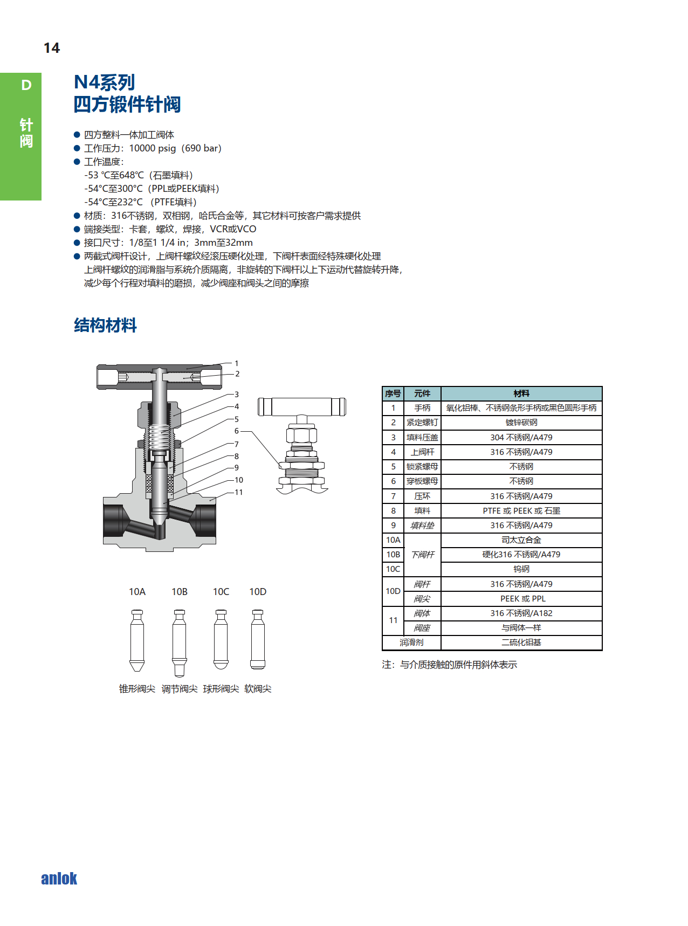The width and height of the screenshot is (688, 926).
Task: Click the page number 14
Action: (52, 48)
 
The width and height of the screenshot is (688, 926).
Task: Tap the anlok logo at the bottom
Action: (59, 879)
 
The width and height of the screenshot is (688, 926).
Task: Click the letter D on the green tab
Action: (26, 85)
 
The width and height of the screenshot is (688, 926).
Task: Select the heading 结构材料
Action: (105, 325)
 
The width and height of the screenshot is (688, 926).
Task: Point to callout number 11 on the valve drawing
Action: (238, 492)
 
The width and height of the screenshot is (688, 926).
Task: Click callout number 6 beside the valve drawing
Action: (236, 431)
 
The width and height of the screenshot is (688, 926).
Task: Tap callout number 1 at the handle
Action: (236, 363)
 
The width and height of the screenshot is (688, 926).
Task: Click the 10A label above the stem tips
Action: (137, 592)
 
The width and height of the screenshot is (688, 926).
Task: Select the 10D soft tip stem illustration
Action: (258, 639)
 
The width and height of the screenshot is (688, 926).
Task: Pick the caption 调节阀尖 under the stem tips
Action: (180, 689)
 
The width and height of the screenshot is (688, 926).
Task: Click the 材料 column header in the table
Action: (521, 393)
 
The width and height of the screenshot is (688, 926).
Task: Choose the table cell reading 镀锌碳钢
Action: (521, 423)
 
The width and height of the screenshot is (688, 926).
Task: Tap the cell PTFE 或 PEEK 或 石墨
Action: (521, 510)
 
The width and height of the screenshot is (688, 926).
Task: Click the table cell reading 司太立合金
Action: (521, 540)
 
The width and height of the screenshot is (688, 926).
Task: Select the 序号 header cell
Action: (393, 393)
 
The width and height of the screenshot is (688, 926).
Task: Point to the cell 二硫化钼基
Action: (521, 642)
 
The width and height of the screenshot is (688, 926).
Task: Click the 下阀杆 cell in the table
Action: (423, 555)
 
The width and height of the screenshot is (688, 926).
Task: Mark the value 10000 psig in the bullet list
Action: (153, 148)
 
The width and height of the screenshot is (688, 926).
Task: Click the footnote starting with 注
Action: (450, 665)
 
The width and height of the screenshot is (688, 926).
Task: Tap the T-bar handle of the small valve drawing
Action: (302, 407)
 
